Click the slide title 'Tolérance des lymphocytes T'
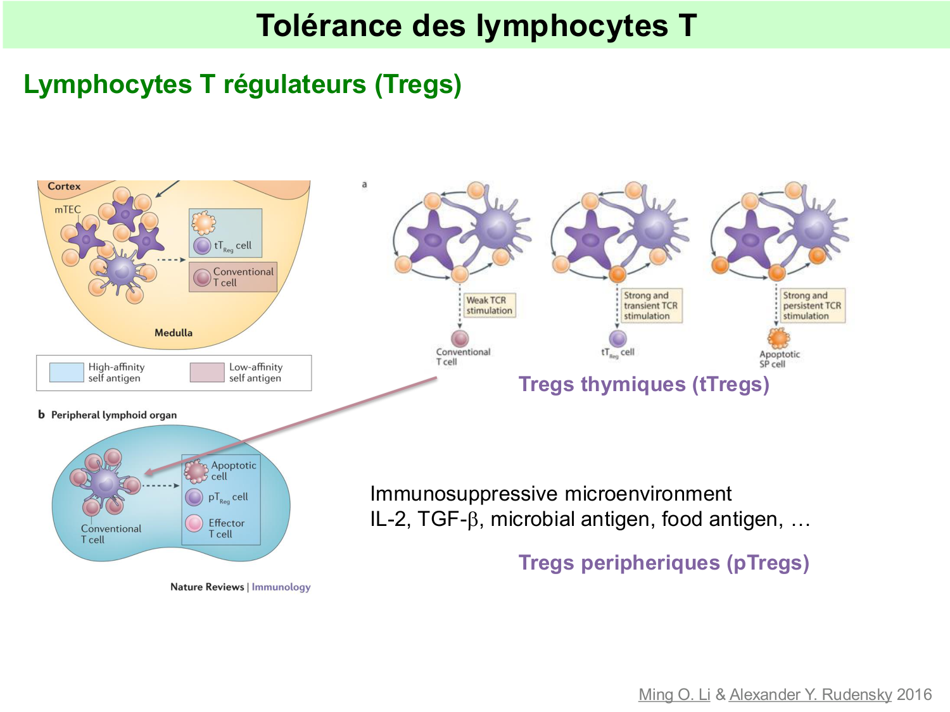[476, 25]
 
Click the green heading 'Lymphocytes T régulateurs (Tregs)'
[242, 84]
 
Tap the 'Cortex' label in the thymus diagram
[64, 186]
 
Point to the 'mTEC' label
[67, 209]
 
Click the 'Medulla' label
[173, 332]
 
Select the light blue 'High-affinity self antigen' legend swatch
[66, 372]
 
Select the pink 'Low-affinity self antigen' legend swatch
[206, 372]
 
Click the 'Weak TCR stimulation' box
[489, 305]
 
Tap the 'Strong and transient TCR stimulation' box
[650, 305]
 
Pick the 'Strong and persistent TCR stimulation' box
[811, 305]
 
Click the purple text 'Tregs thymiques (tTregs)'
[643, 384]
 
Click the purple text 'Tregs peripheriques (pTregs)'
[663, 563]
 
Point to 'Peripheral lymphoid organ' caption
[113, 415]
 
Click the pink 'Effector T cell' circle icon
[194, 523]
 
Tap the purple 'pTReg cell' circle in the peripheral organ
[194, 497]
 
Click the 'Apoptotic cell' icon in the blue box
[196, 470]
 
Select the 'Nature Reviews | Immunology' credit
[240, 587]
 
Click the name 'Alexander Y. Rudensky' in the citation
[810, 694]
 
